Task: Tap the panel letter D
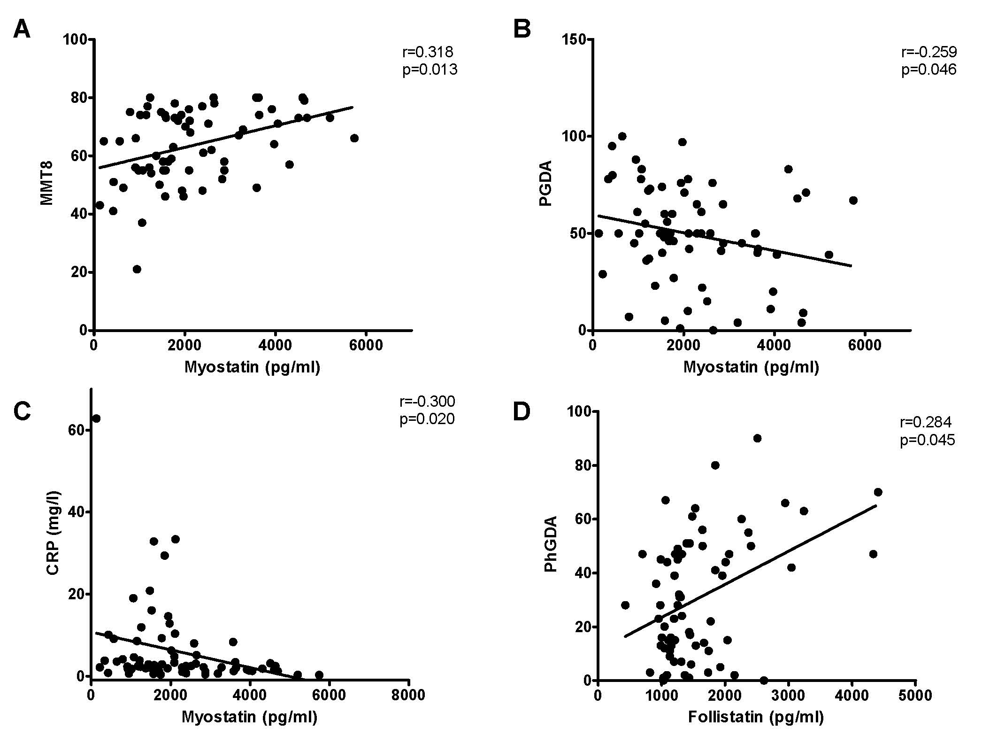[x=522, y=411]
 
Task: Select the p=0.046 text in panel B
[x=928, y=70]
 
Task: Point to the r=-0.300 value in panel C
[x=427, y=401]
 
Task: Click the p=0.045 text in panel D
[x=927, y=440]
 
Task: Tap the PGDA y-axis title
[x=545, y=183]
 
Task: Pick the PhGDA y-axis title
[x=550, y=544]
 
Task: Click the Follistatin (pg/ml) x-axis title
[x=756, y=717]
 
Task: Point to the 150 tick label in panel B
[x=573, y=39]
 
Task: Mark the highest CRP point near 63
[x=96, y=418]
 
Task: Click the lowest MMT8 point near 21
[x=137, y=269]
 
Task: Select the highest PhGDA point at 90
[x=757, y=438]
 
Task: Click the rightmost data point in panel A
[x=354, y=138]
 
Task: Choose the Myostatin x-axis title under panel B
[x=751, y=366]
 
